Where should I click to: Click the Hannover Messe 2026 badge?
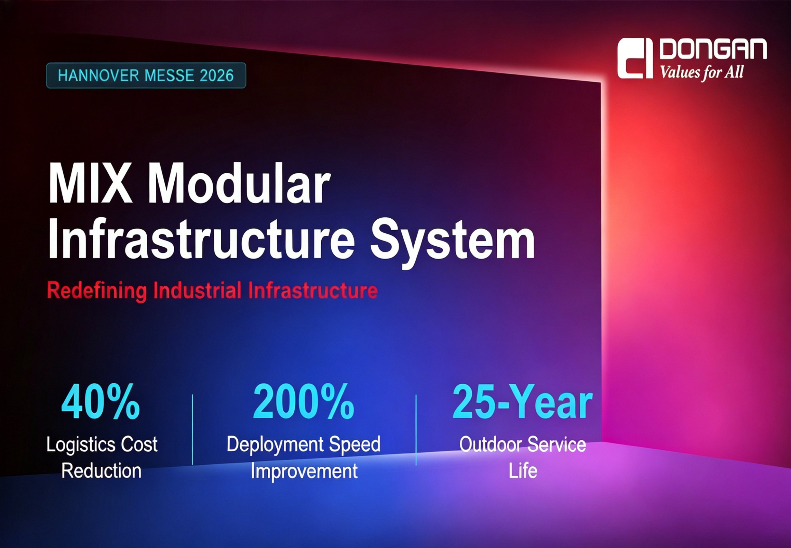click(146, 75)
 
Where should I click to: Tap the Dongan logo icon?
click(635, 59)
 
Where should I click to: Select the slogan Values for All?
click(702, 72)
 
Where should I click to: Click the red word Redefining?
click(97, 291)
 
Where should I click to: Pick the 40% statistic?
click(101, 401)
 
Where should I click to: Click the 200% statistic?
click(304, 401)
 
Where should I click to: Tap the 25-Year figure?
click(522, 401)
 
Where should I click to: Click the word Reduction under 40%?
click(101, 470)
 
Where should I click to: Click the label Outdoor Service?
click(523, 444)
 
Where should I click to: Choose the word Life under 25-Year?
click(523, 470)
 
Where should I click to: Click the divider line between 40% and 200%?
click(192, 430)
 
